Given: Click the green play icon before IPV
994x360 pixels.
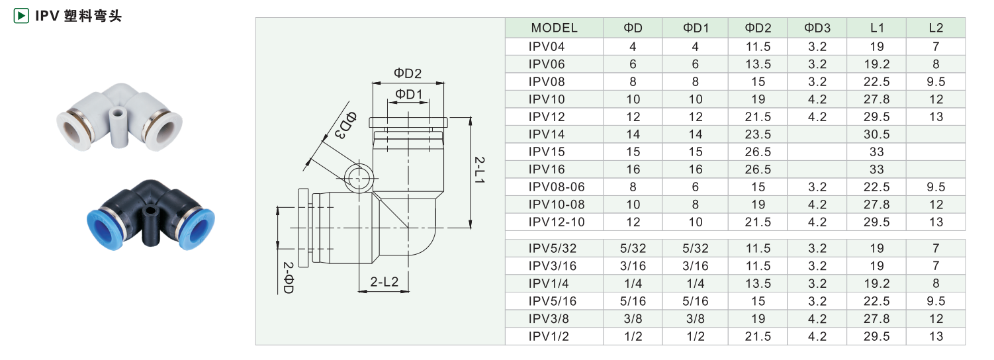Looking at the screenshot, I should pyautogui.click(x=21, y=15).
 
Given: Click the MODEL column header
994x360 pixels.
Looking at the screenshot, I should pyautogui.click(x=554, y=28).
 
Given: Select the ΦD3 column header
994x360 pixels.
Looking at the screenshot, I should pyautogui.click(x=817, y=28).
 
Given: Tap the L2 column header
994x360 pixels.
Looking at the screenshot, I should pyautogui.click(x=936, y=28).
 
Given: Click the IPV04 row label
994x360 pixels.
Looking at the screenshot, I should pyautogui.click(x=547, y=46).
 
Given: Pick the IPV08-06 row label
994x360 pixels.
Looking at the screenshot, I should pyautogui.click(x=557, y=187).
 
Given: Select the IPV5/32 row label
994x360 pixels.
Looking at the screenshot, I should pyautogui.click(x=553, y=249).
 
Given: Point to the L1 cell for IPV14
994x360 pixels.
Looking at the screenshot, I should pyautogui.click(x=876, y=134).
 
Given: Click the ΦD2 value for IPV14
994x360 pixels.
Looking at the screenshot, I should pyautogui.click(x=758, y=134).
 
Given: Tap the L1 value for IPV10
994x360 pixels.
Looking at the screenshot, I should pyautogui.click(x=876, y=99).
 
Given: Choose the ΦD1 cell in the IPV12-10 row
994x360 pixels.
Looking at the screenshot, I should pyautogui.click(x=696, y=222).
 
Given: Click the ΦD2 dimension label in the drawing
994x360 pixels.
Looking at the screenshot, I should pyautogui.click(x=408, y=73).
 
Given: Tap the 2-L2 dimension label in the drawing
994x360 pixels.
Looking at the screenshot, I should pyautogui.click(x=384, y=282).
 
